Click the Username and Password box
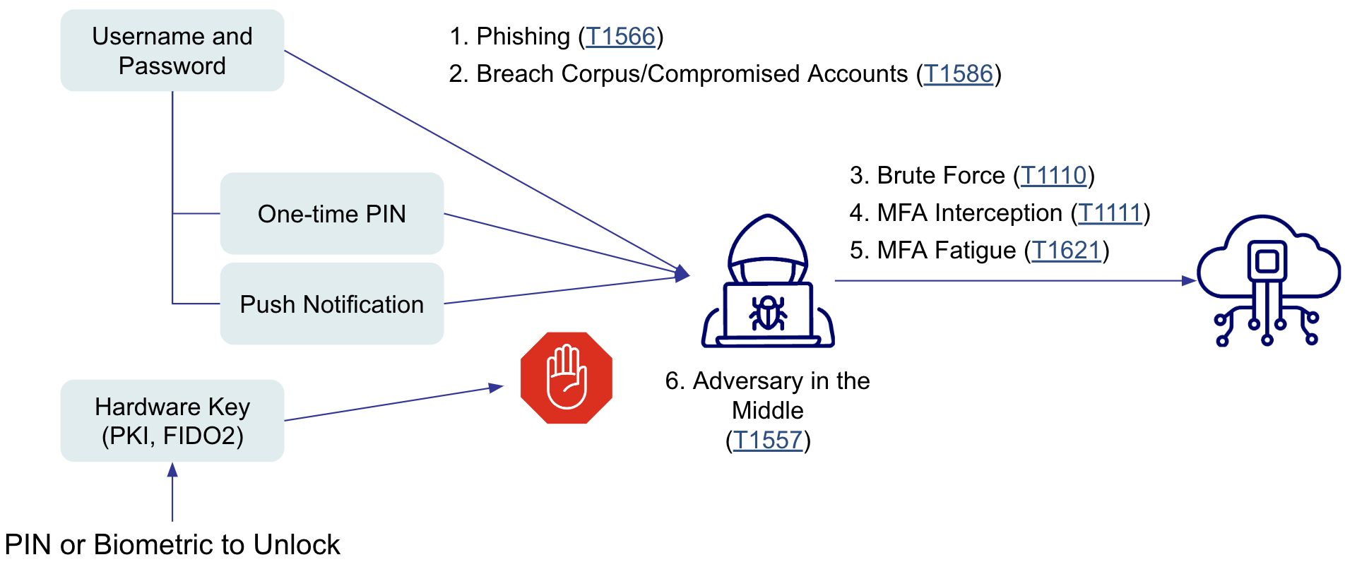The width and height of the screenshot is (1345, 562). (x=172, y=51)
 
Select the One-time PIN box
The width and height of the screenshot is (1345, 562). (x=331, y=213)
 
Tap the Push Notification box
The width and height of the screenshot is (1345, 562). (x=331, y=304)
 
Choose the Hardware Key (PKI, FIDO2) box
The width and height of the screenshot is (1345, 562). (x=172, y=421)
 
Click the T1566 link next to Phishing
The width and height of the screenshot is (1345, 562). (x=620, y=36)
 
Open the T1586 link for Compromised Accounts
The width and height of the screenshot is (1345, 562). (x=959, y=73)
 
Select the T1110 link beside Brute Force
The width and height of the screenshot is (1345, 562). (x=1053, y=175)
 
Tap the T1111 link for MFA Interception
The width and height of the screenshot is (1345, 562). (x=1110, y=213)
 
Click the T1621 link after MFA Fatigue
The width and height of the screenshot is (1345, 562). (x=1067, y=250)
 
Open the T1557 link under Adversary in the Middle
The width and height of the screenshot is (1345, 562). (x=767, y=440)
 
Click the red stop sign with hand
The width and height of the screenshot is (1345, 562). (x=566, y=378)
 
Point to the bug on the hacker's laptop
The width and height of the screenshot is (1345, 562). (x=768, y=313)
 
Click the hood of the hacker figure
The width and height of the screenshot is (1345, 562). (x=768, y=240)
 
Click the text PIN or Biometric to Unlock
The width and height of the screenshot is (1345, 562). (x=172, y=544)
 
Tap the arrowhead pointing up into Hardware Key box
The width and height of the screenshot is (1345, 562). (x=172, y=470)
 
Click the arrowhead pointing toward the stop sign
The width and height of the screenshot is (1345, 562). (x=496, y=388)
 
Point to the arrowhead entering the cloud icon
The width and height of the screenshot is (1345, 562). (x=1189, y=280)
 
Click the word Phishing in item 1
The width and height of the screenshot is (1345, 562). (x=523, y=36)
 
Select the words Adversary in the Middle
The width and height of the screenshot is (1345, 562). (x=767, y=395)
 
